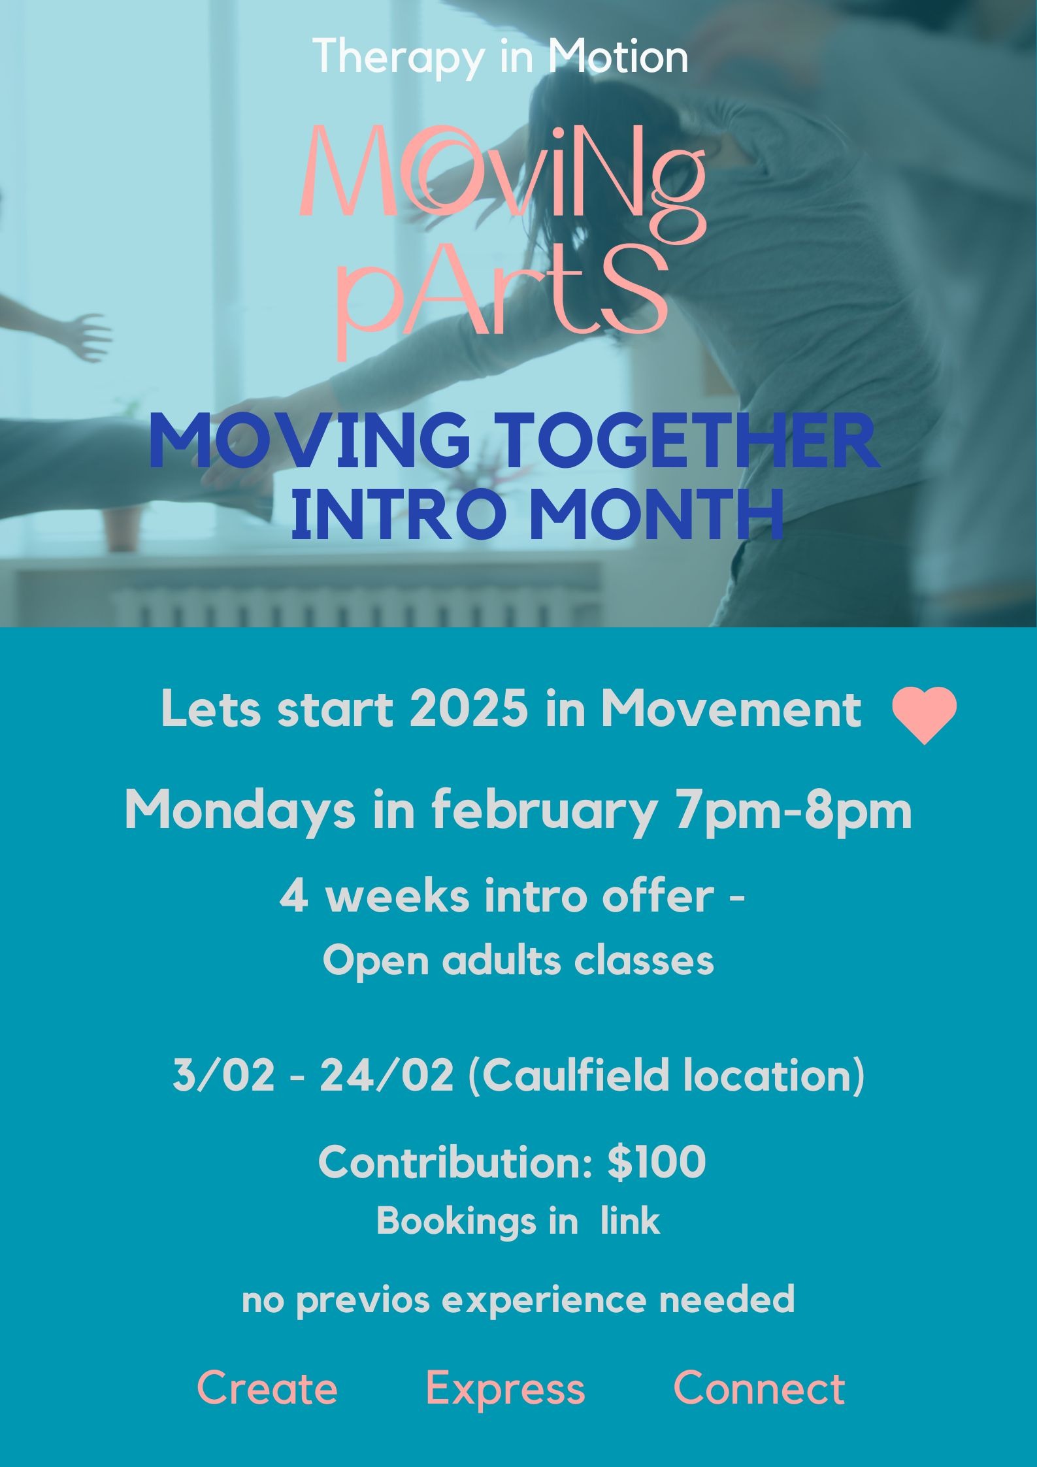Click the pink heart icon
924,715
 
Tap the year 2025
469,710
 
